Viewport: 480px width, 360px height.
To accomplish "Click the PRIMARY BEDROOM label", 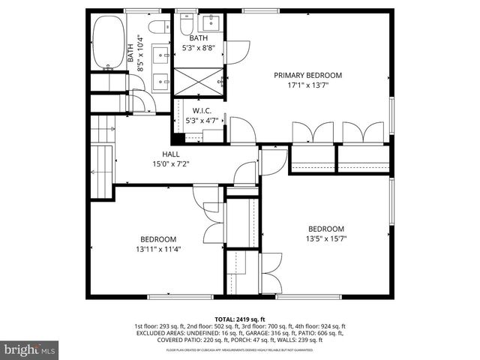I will click(x=307, y=75).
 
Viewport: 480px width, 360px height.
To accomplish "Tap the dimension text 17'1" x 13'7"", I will click(x=307, y=85).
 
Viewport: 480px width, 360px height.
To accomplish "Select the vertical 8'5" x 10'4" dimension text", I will click(x=140, y=53).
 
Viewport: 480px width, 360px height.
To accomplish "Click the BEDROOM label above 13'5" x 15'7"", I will click(x=326, y=229).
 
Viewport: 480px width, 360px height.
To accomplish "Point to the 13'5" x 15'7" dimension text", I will click(x=326, y=239).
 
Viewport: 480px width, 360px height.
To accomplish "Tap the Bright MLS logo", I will click(x=30, y=349).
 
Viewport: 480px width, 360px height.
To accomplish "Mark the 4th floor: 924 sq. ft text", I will click(x=323, y=327).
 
